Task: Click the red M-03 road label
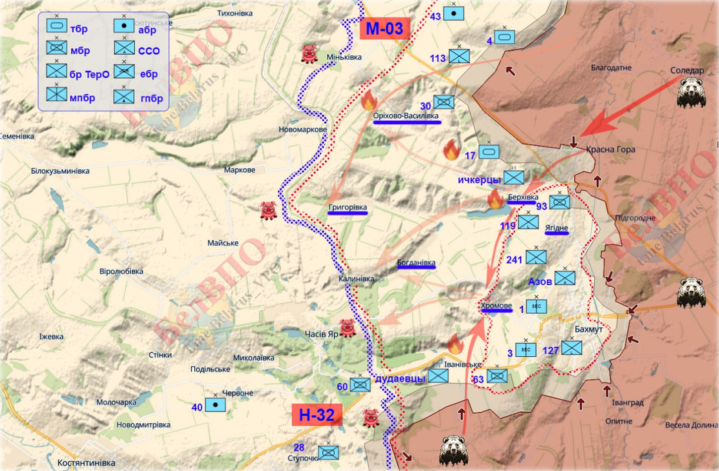(x=385, y=29)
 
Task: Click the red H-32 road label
(x=317, y=415)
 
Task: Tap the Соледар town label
(x=687, y=71)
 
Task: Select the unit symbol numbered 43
(x=453, y=14)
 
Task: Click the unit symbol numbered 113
(x=459, y=56)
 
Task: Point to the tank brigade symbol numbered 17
(x=489, y=152)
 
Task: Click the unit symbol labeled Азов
(x=565, y=278)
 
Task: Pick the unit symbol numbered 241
(x=536, y=257)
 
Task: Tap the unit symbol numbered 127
(x=571, y=347)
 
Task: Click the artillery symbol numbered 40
(x=215, y=405)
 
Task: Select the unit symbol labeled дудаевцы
(x=438, y=376)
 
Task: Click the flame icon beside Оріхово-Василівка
(x=369, y=101)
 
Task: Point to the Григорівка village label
(x=348, y=207)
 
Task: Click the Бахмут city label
(x=588, y=330)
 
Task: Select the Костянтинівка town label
(x=86, y=463)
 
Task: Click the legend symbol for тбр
(x=57, y=27)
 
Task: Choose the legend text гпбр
(x=151, y=98)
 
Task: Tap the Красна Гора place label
(x=610, y=150)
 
